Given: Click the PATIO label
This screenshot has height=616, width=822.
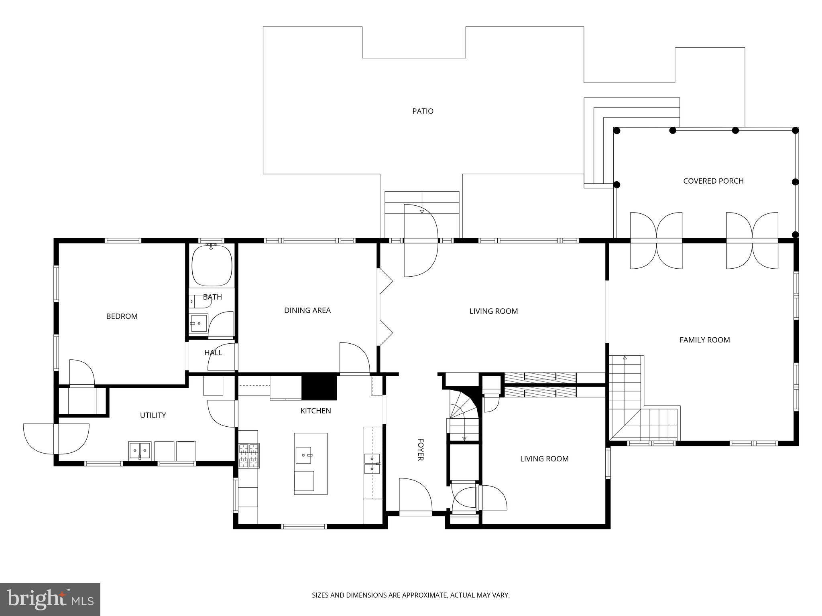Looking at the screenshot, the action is click(x=423, y=111).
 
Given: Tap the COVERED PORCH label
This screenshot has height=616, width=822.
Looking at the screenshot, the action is click(x=713, y=181).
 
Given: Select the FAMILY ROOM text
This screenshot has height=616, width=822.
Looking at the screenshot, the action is click(x=704, y=340).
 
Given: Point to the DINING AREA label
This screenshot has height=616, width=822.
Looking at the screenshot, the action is click(x=307, y=310).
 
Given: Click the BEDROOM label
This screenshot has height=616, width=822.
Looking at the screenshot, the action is click(x=122, y=316).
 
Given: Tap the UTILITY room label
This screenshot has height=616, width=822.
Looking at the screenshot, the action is click(x=153, y=415).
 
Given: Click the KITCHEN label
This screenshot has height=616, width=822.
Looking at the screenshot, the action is click(x=315, y=411).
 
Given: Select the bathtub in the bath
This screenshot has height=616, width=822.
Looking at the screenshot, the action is click(x=212, y=265).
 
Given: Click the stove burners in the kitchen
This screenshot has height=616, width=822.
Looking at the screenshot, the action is click(x=249, y=455).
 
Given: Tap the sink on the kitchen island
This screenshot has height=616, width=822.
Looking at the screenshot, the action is click(x=304, y=455).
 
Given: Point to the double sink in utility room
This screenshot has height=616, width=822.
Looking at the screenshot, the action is click(x=140, y=451).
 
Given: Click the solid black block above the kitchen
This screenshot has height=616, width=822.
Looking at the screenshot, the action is click(x=319, y=386).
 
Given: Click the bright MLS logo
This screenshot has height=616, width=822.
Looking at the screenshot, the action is click(x=50, y=599).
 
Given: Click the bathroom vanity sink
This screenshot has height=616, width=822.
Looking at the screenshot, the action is click(x=199, y=323).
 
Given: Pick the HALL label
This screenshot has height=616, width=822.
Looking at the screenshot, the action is click(x=213, y=353).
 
